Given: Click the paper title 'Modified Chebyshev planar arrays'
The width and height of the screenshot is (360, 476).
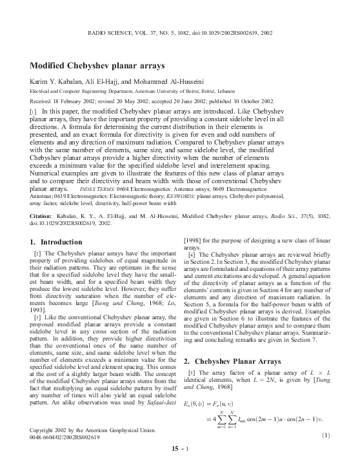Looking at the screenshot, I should (x=97, y=66).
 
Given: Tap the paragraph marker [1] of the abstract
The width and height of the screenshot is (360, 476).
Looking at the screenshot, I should (x=34, y=112).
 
